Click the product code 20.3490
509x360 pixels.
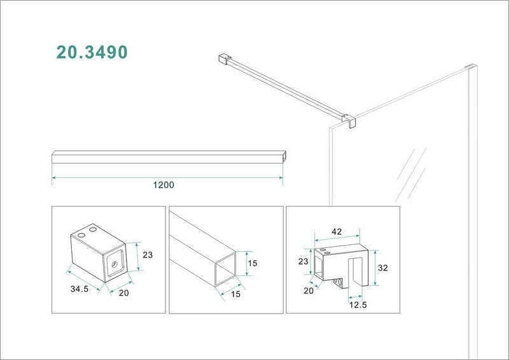tap(92, 52)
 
